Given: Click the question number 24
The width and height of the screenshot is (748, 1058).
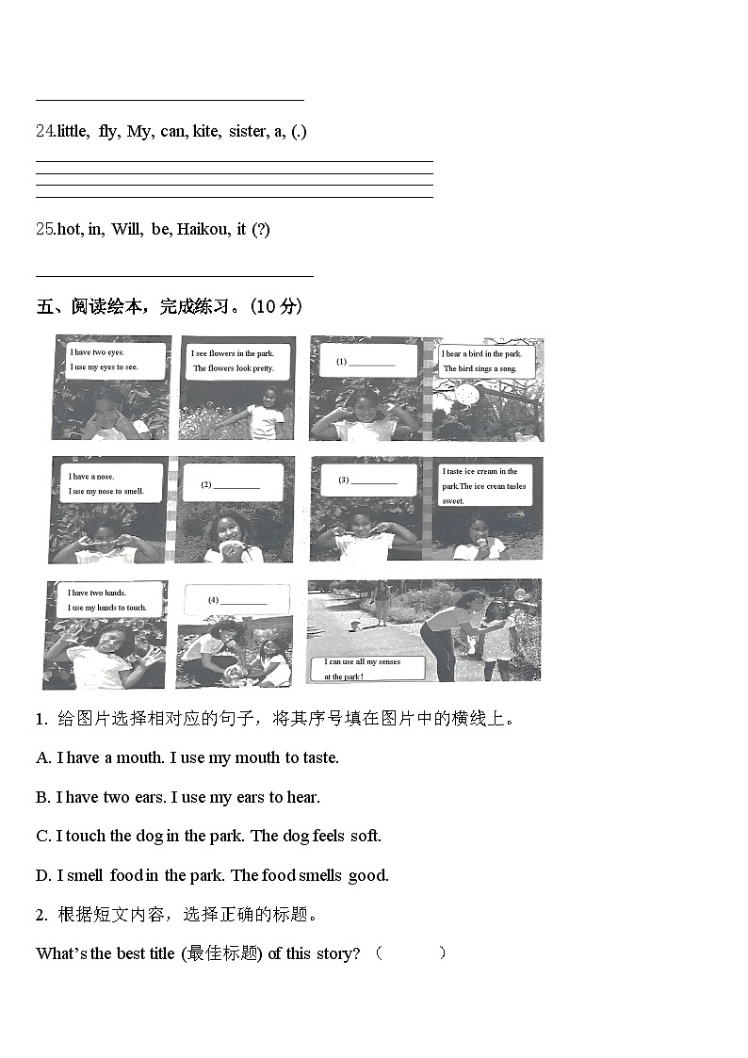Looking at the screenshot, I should [x=45, y=132].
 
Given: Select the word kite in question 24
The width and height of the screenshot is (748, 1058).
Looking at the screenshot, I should [x=205, y=132].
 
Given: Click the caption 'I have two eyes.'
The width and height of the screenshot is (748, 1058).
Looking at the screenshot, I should [x=97, y=352].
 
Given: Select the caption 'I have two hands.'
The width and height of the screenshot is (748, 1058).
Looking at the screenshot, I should [x=96, y=593].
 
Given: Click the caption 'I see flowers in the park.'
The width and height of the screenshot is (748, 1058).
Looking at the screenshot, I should [x=232, y=353].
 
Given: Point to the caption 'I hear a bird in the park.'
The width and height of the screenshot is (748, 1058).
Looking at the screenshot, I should [x=481, y=354].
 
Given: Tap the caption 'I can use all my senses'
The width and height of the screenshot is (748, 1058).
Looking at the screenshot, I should [x=363, y=662].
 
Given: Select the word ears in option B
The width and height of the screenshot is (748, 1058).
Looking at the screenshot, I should [x=149, y=797].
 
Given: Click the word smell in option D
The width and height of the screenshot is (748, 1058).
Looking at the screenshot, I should [x=88, y=875].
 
